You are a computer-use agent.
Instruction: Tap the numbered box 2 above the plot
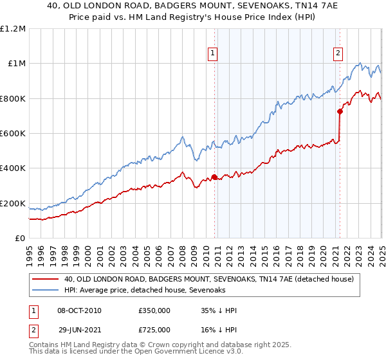point(338,54)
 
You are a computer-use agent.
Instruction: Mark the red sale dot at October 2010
point(214,177)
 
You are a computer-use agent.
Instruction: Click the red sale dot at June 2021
point(340,111)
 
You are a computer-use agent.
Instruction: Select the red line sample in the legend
point(46,279)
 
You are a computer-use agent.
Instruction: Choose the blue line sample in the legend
point(46,290)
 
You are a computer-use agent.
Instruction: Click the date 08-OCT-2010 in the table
point(79,310)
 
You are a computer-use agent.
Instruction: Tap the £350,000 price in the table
point(154,310)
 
